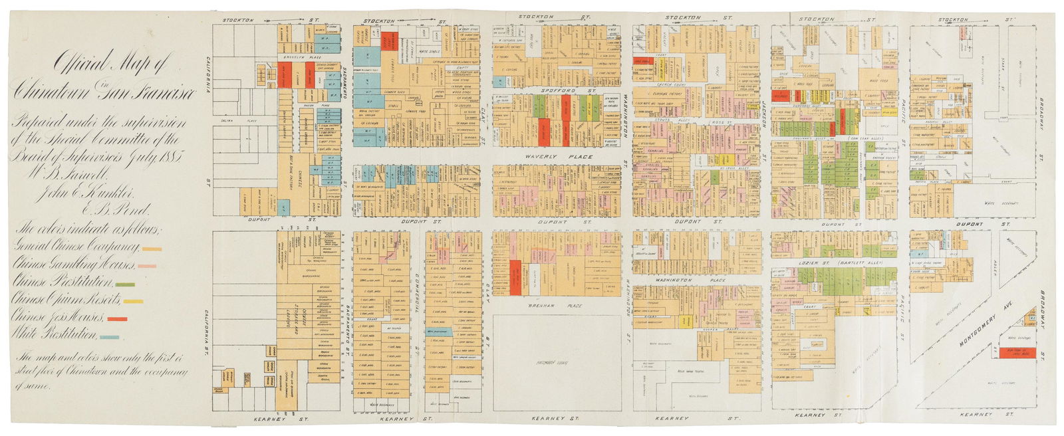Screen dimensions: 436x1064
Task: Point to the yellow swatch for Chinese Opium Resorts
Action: click(x=132, y=302)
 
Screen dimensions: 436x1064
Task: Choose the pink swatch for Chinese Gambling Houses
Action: click(x=147, y=266)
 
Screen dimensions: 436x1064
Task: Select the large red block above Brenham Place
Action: click(x=516, y=277)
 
